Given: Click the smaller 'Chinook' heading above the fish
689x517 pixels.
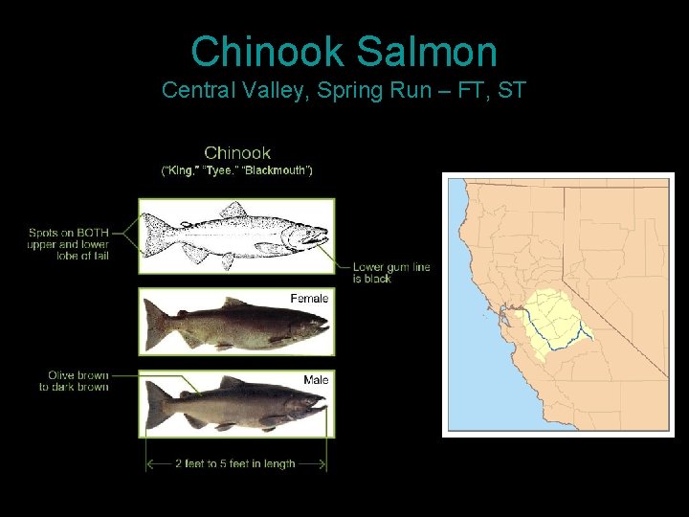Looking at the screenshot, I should coord(237,152).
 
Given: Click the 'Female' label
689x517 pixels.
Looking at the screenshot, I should coord(309,299).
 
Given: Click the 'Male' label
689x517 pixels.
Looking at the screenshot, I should coord(316,380).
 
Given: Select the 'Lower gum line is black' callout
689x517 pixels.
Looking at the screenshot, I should coord(390,272).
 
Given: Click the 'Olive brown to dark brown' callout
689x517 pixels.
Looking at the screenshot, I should coord(74,381).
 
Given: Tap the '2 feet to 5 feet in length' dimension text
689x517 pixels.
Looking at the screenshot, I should coord(234,463).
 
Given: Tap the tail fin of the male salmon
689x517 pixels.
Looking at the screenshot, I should coord(155,408).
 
